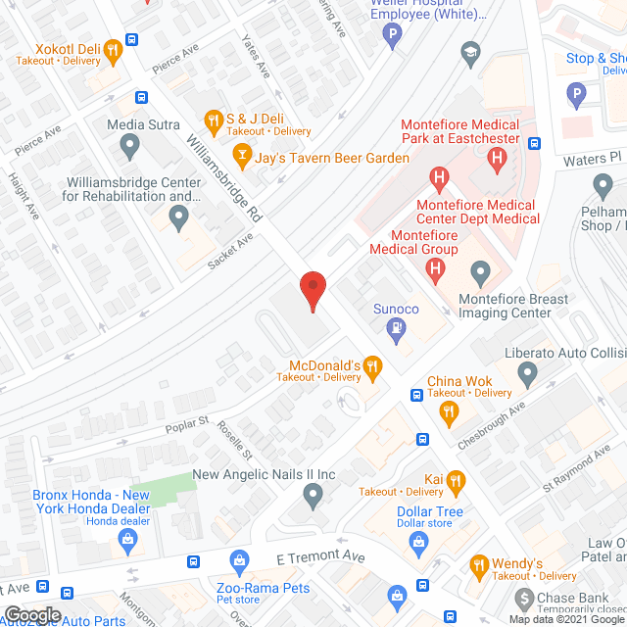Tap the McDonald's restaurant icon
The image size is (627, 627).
pyautogui.click(x=372, y=367)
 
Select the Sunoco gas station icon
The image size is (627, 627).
pyautogui.click(x=396, y=329)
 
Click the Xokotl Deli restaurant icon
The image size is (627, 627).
pyautogui.click(x=113, y=49)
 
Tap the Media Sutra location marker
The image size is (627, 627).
pyautogui.click(x=128, y=147)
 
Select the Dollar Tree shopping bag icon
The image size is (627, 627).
pyautogui.click(x=418, y=542)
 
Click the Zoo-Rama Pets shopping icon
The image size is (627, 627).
pyautogui.click(x=239, y=561)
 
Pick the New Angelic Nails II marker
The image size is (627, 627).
pyautogui.click(x=313, y=498)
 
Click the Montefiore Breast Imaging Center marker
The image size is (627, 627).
pyautogui.click(x=480, y=271)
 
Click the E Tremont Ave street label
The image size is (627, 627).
pyautogui.click(x=319, y=557)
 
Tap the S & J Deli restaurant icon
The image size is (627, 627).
pyautogui.click(x=212, y=121)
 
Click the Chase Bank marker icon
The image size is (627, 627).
pyautogui.click(x=527, y=599)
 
